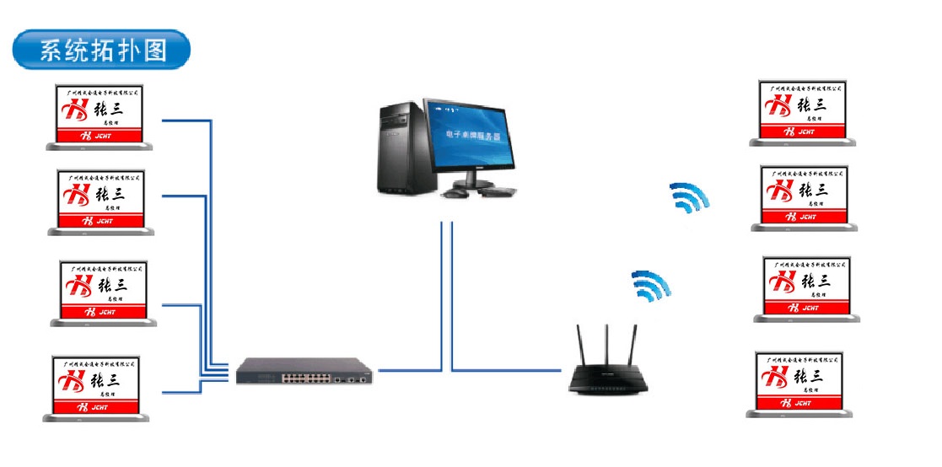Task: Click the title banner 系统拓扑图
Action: (101, 51)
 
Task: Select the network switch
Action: (304, 370)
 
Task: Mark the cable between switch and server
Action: (409, 369)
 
